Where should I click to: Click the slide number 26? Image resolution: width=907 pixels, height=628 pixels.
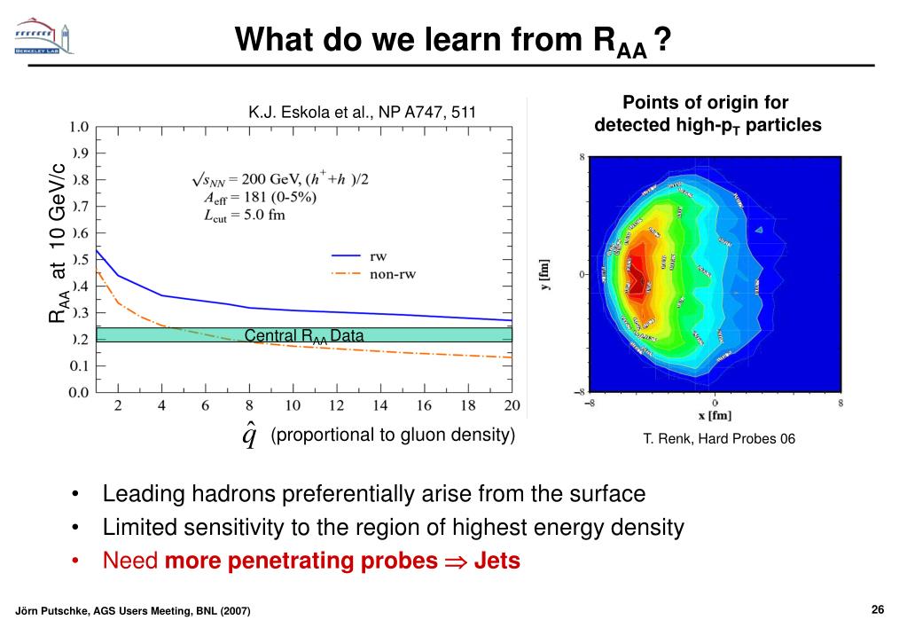pos(878,608)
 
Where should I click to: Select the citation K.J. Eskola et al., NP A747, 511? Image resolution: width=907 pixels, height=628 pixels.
pos(362,112)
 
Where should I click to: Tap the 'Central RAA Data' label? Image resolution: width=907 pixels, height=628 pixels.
pos(304,335)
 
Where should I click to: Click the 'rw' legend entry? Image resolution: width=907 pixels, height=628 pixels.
pos(378,255)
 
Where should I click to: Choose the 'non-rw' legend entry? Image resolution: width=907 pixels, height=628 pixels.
pos(393,274)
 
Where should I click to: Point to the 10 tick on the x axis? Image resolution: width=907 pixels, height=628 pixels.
pos(293,405)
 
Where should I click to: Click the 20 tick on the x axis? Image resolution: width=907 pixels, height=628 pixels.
pos(510,405)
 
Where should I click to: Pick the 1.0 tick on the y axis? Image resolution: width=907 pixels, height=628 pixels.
pos(79,126)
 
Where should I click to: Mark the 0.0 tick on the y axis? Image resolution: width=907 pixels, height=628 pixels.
pos(79,391)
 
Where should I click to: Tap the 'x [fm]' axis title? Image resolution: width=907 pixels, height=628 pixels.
pos(714,416)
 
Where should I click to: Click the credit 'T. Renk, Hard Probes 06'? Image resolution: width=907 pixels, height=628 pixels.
pos(719,439)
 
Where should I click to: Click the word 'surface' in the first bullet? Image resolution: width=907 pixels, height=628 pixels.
pos(602,493)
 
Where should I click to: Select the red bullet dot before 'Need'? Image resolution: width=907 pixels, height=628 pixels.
pos(79,562)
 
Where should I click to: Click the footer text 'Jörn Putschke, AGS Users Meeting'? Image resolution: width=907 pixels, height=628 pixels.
pos(133,611)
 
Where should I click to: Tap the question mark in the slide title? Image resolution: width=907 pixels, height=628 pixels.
pos(661,40)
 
